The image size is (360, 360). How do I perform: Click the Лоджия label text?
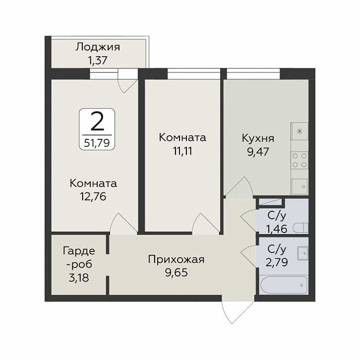coord(98,48)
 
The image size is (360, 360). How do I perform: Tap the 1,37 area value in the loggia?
coord(98,60)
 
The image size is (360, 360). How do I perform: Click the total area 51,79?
coord(97,143)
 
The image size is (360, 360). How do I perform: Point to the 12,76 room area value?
coord(93,196)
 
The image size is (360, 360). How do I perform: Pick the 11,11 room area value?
coord(182,151)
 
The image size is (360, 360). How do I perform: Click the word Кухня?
coord(258,138)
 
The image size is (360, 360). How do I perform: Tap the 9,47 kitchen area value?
coord(258,152)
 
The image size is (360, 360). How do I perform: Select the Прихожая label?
coord(176,260)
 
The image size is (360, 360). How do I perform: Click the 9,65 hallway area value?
coord(177,273)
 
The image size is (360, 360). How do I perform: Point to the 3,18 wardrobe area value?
coord(78,278)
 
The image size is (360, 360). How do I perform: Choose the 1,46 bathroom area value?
coord(276,229)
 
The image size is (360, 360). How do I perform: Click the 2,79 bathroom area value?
coord(276,262)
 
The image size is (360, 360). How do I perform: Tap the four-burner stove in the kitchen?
coord(300,160)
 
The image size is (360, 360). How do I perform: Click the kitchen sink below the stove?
coord(300,186)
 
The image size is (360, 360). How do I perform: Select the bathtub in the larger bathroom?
coord(284,285)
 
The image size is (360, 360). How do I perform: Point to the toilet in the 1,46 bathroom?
coord(301,228)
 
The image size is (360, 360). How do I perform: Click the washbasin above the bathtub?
coord(302,253)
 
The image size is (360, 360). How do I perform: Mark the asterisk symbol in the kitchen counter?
coord(299,131)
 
